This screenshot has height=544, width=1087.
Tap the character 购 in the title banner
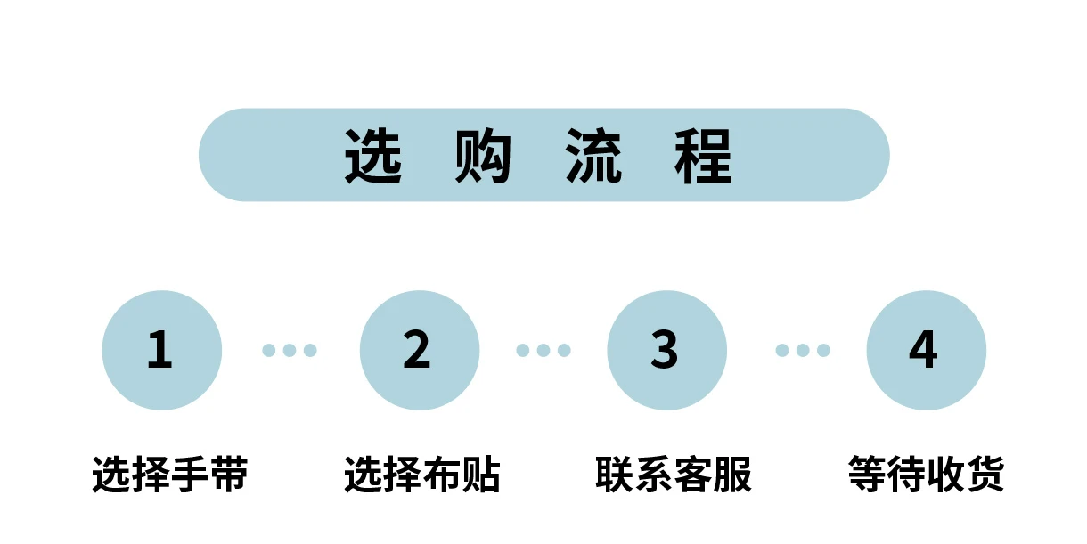(x=484, y=157)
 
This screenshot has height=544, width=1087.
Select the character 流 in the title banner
(x=594, y=157)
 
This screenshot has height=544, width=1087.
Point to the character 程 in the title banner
(x=704, y=157)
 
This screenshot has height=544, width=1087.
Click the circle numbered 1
(x=161, y=350)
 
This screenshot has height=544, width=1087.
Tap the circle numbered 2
(x=419, y=350)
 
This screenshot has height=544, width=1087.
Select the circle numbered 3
(x=666, y=350)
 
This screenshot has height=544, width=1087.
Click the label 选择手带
(x=170, y=475)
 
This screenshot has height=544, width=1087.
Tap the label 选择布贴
(x=422, y=475)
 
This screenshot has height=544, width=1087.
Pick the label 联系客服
(x=674, y=475)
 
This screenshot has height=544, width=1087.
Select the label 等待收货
(x=926, y=475)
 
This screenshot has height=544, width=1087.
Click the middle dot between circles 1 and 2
(x=290, y=350)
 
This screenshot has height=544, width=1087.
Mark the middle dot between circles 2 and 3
(x=543, y=350)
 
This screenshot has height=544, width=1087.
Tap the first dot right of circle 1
(x=269, y=350)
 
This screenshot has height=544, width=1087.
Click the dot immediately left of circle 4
(x=823, y=350)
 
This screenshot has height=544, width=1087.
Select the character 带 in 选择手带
(x=229, y=475)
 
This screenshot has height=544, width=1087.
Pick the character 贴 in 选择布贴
(x=482, y=475)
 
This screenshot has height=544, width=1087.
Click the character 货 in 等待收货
(x=985, y=475)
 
